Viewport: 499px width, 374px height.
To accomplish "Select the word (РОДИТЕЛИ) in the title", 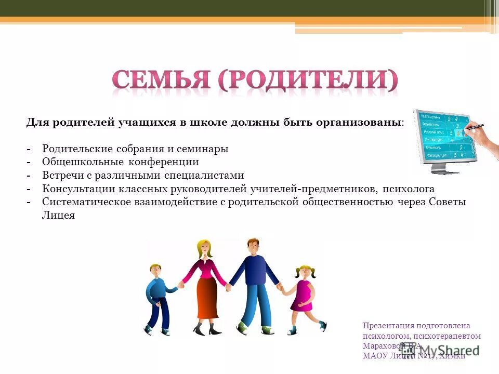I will (x=307, y=80).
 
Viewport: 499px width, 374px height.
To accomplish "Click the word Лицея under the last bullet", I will (x=58, y=216).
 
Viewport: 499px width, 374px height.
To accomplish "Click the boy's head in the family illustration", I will (x=155, y=270).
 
